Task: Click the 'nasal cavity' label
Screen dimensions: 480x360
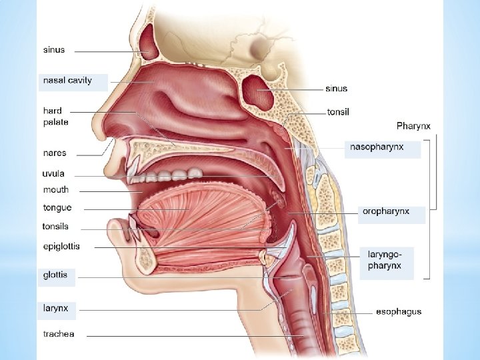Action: point(67,81)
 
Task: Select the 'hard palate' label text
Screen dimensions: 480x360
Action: point(55,117)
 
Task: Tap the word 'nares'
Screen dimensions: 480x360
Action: point(55,153)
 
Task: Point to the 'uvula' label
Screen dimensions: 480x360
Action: point(53,174)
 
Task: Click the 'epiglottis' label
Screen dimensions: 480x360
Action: point(61,247)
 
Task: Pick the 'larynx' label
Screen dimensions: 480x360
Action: point(56,309)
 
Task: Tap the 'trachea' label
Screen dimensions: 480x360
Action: point(59,334)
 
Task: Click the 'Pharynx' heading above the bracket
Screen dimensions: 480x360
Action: point(413,125)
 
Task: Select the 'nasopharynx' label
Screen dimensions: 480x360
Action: point(377,147)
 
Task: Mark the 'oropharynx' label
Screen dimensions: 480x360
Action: point(385,212)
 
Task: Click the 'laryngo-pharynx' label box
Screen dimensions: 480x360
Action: point(385,260)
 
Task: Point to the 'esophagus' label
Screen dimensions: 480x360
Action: point(399,311)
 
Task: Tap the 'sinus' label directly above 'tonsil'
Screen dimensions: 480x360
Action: point(337,89)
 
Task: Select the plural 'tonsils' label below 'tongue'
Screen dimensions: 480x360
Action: point(55,227)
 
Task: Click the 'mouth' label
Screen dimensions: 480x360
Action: point(56,190)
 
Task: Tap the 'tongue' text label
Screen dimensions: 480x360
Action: point(57,208)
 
